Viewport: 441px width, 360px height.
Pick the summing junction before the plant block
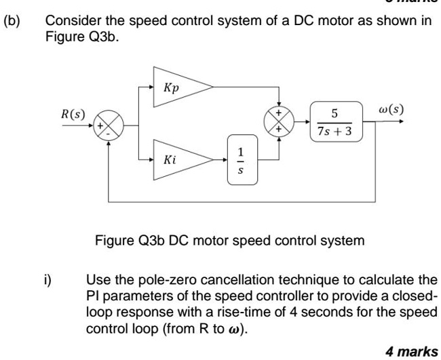click(278, 123)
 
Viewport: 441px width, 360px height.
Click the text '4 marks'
click(411, 351)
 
